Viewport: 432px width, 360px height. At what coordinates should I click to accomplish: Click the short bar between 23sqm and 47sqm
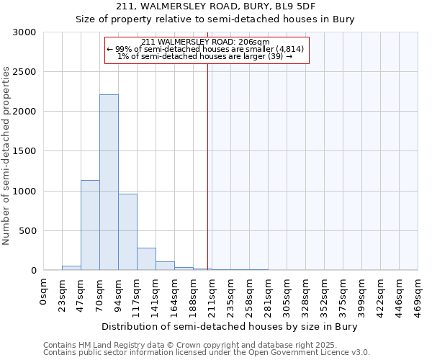coord(71,268)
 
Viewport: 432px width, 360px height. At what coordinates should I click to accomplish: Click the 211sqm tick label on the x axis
coord(212,296)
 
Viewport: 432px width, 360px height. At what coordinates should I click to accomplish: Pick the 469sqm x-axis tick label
coord(418,296)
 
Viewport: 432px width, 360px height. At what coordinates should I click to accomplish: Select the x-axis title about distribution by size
coord(230,326)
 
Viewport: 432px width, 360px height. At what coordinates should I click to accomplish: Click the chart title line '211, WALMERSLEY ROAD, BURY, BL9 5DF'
coord(215,6)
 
